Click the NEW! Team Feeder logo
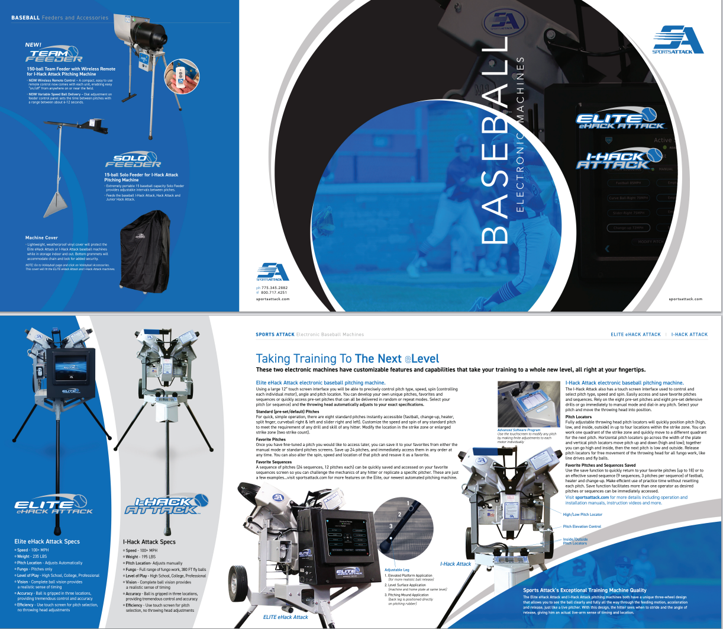point(53,54)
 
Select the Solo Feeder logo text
point(133,161)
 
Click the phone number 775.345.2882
point(275,288)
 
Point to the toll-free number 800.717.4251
point(274,293)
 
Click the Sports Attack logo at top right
point(677,40)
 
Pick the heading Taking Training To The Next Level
point(347,358)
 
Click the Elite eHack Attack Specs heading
point(47,541)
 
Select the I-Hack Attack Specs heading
point(149,541)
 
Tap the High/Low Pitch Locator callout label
point(582,515)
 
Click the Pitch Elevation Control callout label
point(582,527)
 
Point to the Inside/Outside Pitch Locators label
point(575,541)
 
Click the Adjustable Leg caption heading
point(397,570)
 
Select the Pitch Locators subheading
point(578,417)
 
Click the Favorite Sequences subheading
point(273,462)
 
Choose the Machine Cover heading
point(41,238)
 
